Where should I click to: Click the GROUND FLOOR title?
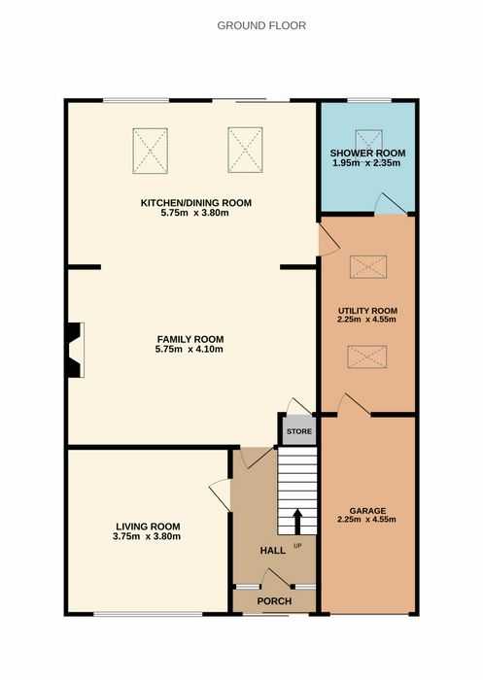click(x=261, y=25)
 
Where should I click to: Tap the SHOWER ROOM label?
click(x=367, y=153)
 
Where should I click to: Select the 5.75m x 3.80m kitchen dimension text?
click(x=194, y=213)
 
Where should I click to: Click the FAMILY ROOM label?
click(x=190, y=339)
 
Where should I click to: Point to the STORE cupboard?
click(x=299, y=431)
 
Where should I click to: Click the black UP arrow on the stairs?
click(x=297, y=522)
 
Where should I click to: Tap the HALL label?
click(x=272, y=551)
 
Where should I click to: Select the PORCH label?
click(x=274, y=601)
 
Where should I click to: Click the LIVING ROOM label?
click(x=148, y=527)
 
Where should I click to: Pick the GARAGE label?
click(x=367, y=511)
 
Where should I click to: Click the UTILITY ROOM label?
click(x=367, y=311)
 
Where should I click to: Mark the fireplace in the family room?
click(x=75, y=350)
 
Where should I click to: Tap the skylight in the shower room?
click(x=369, y=140)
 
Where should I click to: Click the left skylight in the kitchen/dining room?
click(x=151, y=151)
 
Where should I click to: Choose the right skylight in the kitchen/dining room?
click(x=245, y=150)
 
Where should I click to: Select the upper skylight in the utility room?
click(x=368, y=267)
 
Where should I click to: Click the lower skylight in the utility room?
click(x=367, y=357)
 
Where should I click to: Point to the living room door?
click(x=221, y=494)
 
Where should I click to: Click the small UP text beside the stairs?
click(x=297, y=546)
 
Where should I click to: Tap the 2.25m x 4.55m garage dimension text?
click(x=366, y=520)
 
